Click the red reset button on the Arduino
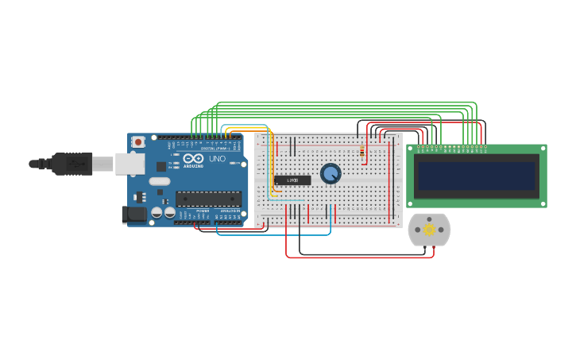138,141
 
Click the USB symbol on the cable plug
76,164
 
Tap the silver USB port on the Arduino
130,164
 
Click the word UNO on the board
217,159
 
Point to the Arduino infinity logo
193,159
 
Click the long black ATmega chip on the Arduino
208,199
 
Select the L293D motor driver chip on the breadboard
292,180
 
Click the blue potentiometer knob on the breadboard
331,173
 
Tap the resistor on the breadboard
362,151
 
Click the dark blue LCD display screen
477,176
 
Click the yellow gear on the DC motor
429,230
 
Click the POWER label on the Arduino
203,211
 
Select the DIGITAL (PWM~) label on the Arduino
215,148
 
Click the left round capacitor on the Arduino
157,213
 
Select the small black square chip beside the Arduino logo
161,166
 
